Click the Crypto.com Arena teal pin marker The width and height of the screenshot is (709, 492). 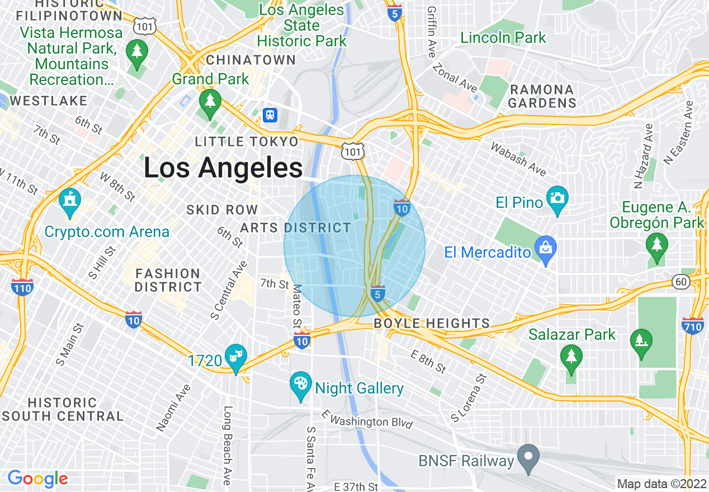point(69,202)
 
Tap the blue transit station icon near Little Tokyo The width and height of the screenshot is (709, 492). point(270,115)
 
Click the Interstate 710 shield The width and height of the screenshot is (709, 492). point(692,325)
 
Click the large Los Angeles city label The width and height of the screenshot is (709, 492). point(223,168)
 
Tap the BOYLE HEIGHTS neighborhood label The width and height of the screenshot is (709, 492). point(432,324)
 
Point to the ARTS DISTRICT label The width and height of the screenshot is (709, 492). point(295,228)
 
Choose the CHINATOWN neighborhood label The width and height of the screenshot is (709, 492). point(250,60)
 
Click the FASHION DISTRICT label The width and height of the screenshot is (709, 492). point(168,280)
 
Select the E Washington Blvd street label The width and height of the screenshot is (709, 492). point(367,419)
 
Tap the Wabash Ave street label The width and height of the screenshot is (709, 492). point(518,158)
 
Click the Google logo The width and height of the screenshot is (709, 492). point(37,479)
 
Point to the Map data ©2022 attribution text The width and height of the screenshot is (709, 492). point(661,484)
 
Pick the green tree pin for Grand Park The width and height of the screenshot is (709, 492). point(210,103)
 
